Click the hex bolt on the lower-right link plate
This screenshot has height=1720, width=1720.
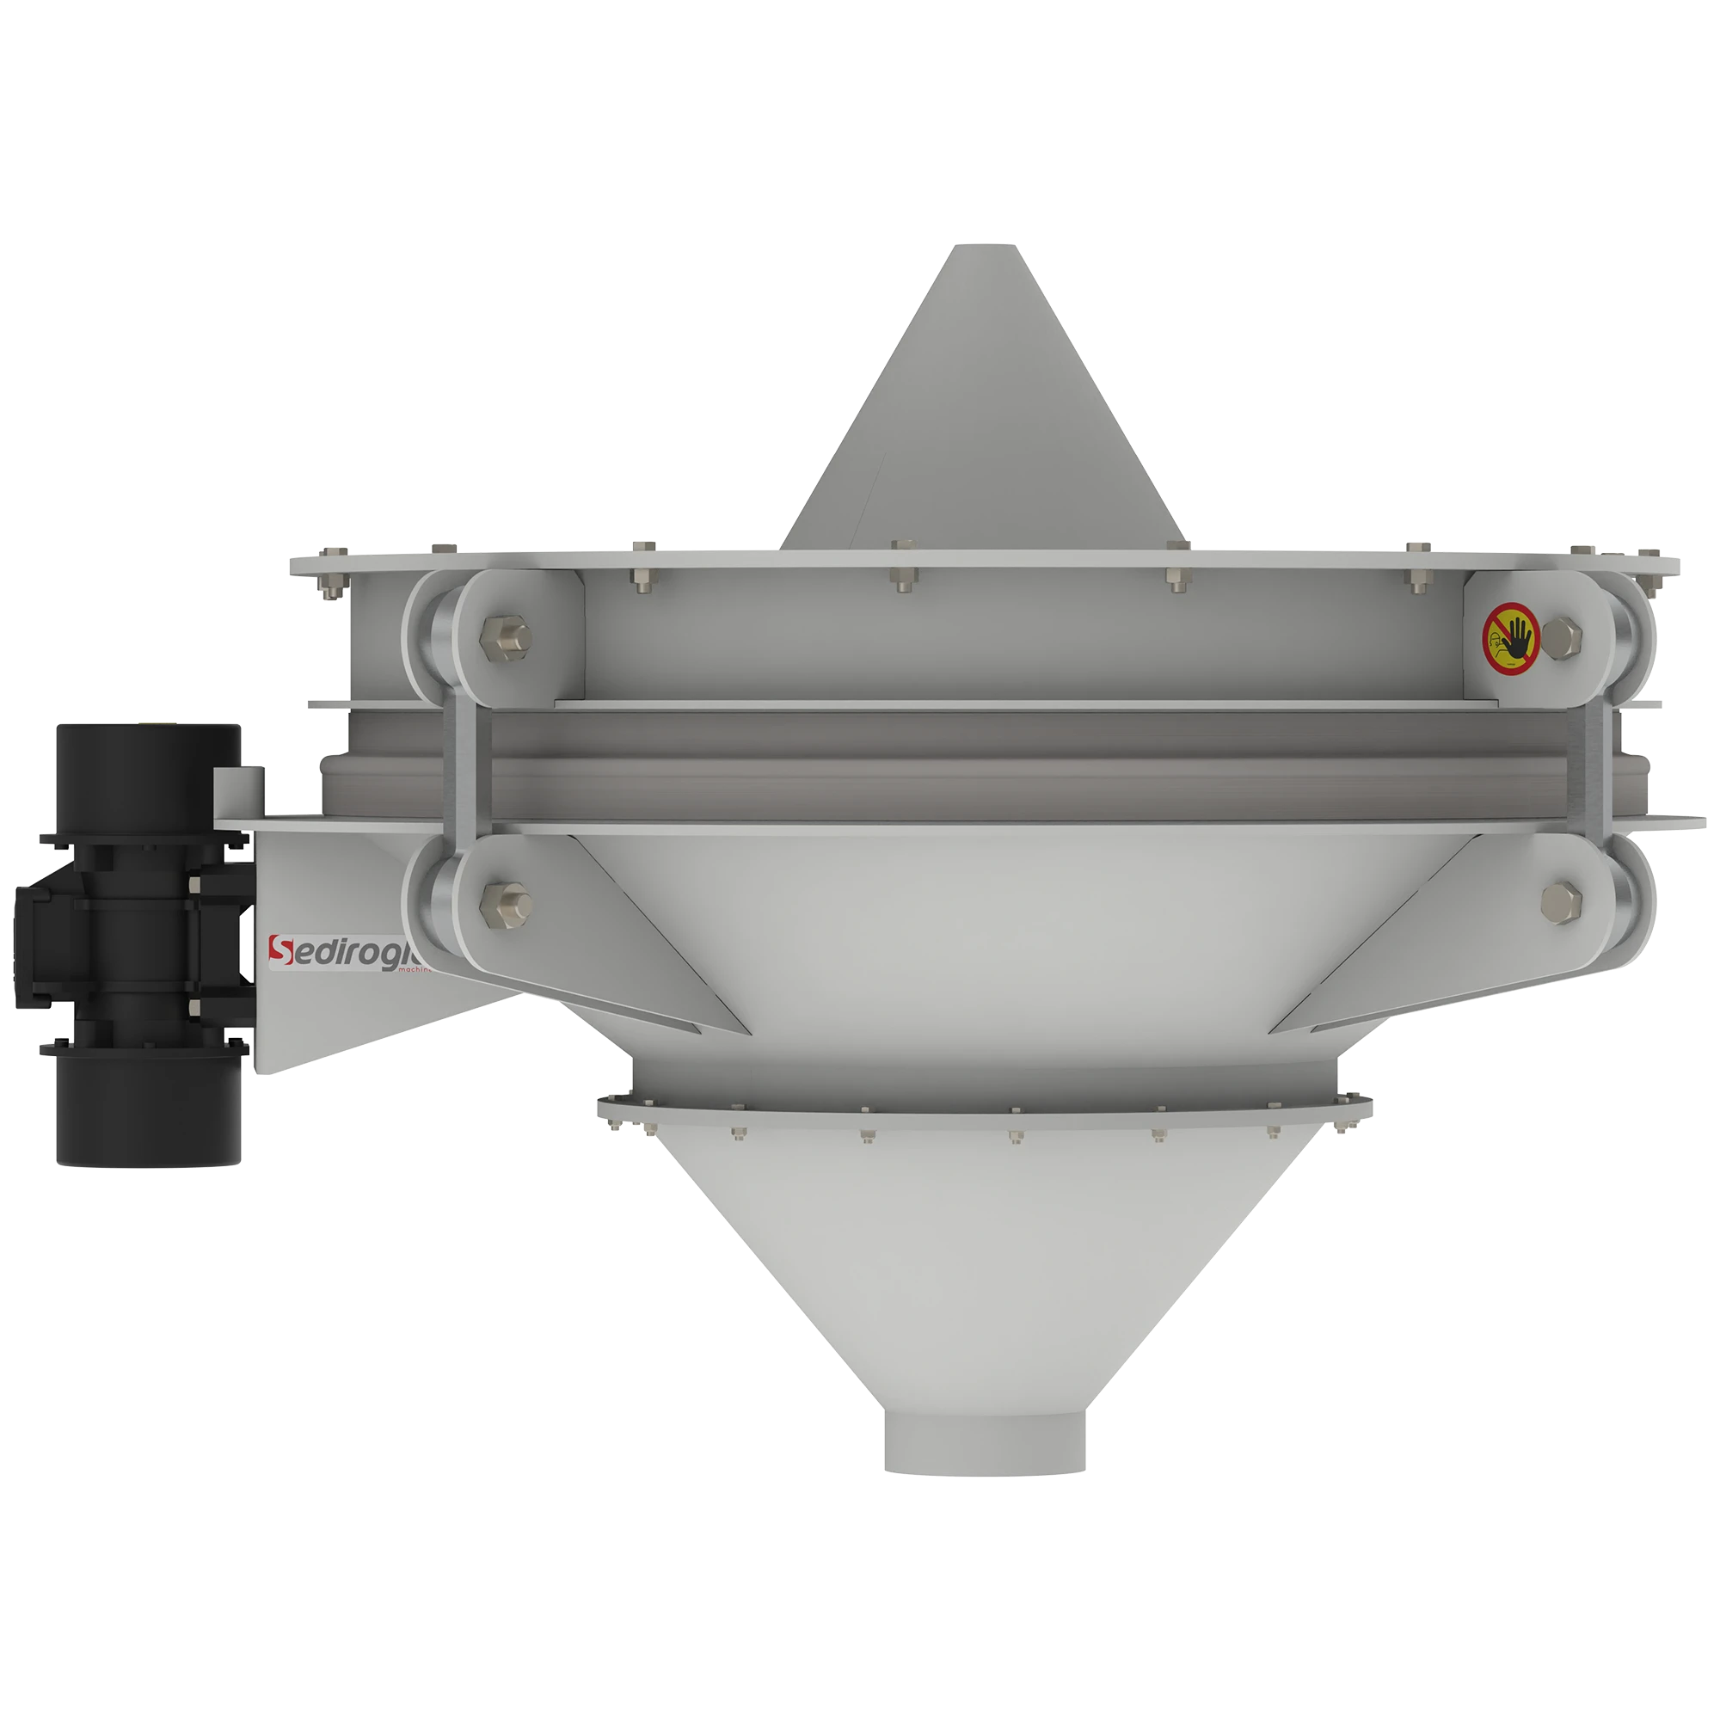[x=1560, y=900]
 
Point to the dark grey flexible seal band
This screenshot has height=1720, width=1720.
[x=980, y=765]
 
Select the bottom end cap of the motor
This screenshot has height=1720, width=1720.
[x=150, y=1113]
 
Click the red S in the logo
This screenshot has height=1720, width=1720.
[x=282, y=952]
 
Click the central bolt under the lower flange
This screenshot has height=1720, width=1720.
[x=1016, y=1137]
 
